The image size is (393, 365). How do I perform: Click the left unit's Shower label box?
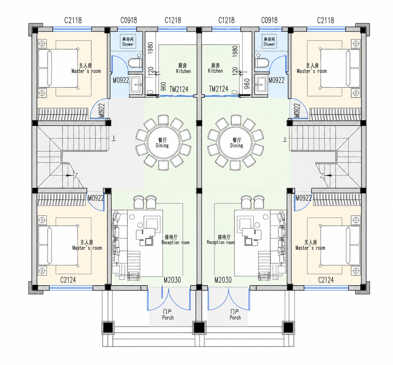[x=128, y=41]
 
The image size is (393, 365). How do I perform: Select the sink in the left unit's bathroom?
[x=136, y=85]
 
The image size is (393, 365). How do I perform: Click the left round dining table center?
[x=163, y=143]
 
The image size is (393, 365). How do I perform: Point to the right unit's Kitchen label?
[x=215, y=68]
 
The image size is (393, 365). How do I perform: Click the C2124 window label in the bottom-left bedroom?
[x=68, y=280]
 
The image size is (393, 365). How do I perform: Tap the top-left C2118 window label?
[x=73, y=20]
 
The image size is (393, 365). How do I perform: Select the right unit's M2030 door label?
[x=223, y=280]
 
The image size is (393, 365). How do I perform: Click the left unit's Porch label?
[x=168, y=315]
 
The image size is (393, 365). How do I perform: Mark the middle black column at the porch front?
[x=199, y=328]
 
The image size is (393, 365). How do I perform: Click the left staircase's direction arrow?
[x=69, y=175]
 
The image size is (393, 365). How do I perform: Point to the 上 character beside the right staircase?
[x=285, y=140]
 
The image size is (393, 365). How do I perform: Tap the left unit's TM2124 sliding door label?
[x=179, y=89]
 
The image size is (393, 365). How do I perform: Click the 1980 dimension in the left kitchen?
[x=150, y=48]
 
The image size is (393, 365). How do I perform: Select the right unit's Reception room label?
[x=221, y=240]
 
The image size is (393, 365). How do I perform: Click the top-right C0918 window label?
[x=269, y=20]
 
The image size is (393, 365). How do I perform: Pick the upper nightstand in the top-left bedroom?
[x=42, y=44]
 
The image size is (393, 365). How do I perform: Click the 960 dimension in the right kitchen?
[x=247, y=84]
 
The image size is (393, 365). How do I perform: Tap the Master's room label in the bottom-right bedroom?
[x=310, y=245]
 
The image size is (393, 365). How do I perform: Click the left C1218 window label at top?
[x=173, y=20]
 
